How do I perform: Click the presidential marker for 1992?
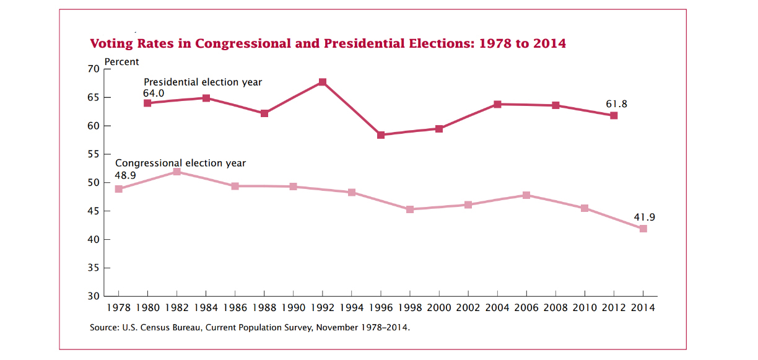pyautogui.click(x=323, y=82)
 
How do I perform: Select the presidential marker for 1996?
pyautogui.click(x=381, y=135)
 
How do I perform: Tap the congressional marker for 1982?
pyautogui.click(x=176, y=172)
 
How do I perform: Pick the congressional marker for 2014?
pyautogui.click(x=643, y=229)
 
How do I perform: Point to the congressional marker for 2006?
pyautogui.click(x=526, y=195)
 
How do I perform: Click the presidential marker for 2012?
pyautogui.click(x=614, y=115)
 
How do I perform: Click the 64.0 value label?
pyautogui.click(x=154, y=93)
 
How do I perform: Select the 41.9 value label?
pyautogui.click(x=644, y=217)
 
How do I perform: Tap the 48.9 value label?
pyautogui.click(x=126, y=175)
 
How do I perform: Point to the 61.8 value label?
pyautogui.click(x=616, y=104)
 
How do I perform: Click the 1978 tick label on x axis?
pyautogui.click(x=118, y=307)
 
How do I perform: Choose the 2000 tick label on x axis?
pyautogui.click(x=439, y=307)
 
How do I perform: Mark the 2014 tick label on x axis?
pyautogui.click(x=643, y=307)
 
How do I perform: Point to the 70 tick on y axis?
pyautogui.click(x=94, y=69)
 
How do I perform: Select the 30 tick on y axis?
pyautogui.click(x=94, y=297)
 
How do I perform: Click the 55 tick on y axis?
pyautogui.click(x=94, y=154)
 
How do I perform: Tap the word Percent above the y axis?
pyautogui.click(x=122, y=62)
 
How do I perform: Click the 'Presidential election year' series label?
pyautogui.click(x=203, y=82)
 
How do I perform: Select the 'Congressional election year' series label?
pyautogui.click(x=180, y=164)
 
